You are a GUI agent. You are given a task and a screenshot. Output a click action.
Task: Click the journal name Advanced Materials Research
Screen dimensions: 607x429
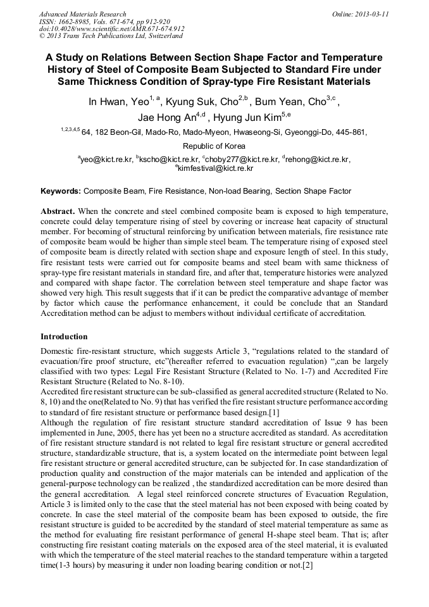click(82, 14)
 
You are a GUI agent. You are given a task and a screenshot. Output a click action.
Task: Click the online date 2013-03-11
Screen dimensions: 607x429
click(360, 14)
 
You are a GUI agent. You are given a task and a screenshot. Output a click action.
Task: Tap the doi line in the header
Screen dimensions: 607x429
click(111, 29)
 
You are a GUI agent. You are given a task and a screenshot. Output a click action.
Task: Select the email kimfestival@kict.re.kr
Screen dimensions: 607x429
click(216, 168)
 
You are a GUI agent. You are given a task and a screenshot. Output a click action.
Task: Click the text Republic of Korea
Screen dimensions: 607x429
click(214, 146)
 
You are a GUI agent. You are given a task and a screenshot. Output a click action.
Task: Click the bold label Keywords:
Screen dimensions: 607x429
click(61, 191)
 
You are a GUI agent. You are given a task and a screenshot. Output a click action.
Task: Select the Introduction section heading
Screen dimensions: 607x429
click(64, 337)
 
